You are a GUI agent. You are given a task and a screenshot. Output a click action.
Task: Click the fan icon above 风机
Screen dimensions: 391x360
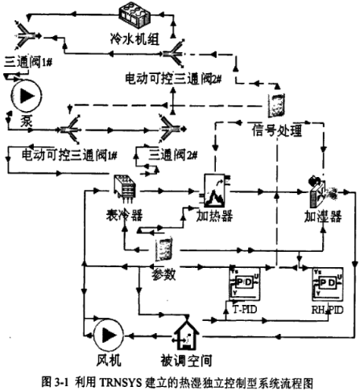(x=105, y=333)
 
